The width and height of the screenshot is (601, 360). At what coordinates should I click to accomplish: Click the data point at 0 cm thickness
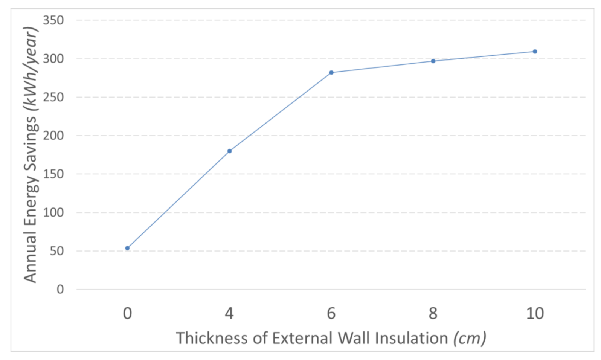coord(127,248)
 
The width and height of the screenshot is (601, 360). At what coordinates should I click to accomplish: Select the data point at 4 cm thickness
coord(229,151)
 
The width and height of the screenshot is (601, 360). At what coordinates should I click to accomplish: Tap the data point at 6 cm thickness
coord(331,72)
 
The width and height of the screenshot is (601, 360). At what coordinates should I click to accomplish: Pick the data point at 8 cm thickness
coord(433,61)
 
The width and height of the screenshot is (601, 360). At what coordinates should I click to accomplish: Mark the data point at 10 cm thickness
coord(535,52)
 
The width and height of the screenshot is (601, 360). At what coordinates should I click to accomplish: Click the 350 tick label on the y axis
coord(53,20)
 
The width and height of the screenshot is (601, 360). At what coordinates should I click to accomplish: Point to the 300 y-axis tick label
coord(53,59)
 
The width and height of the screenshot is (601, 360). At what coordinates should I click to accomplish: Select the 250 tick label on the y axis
coord(53,97)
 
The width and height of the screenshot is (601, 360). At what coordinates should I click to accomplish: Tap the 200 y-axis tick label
coord(53,136)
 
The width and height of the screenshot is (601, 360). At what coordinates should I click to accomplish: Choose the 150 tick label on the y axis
coord(53,174)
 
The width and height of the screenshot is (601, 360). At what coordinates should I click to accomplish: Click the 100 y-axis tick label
coord(53,212)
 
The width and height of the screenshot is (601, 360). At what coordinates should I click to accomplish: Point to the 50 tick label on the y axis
coord(56,251)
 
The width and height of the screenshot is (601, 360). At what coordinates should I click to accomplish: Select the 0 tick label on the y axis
coord(60,289)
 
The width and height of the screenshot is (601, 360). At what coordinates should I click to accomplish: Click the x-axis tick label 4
coord(229,313)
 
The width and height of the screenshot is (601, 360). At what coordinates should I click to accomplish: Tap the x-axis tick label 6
coord(331,313)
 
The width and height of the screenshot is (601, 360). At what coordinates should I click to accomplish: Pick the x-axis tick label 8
coord(433,313)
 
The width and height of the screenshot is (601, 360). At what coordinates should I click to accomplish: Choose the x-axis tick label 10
coord(535,313)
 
